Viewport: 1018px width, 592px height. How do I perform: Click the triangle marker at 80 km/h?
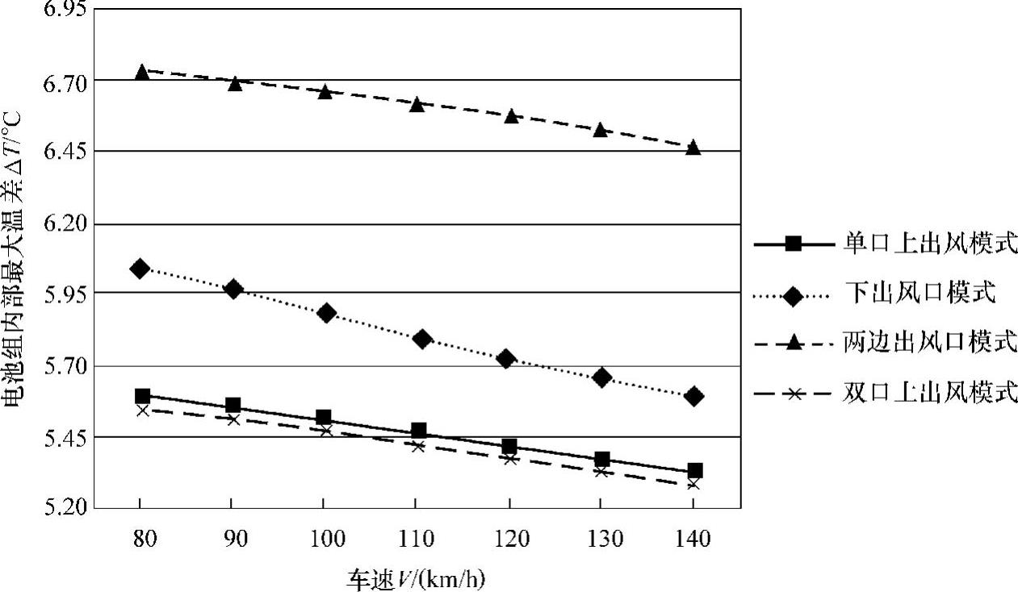click(x=142, y=72)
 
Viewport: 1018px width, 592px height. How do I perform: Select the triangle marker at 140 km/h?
click(x=693, y=148)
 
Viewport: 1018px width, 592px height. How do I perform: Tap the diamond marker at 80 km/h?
click(x=140, y=269)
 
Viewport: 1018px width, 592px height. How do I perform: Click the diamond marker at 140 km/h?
click(x=693, y=396)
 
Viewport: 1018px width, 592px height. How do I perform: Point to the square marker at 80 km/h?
click(x=143, y=396)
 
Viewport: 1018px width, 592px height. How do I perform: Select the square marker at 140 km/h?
click(x=694, y=470)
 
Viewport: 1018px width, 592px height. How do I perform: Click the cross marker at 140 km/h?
click(x=693, y=483)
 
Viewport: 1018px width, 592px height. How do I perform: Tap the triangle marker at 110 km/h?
click(x=417, y=104)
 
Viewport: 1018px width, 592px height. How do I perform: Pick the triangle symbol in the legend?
click(x=794, y=344)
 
